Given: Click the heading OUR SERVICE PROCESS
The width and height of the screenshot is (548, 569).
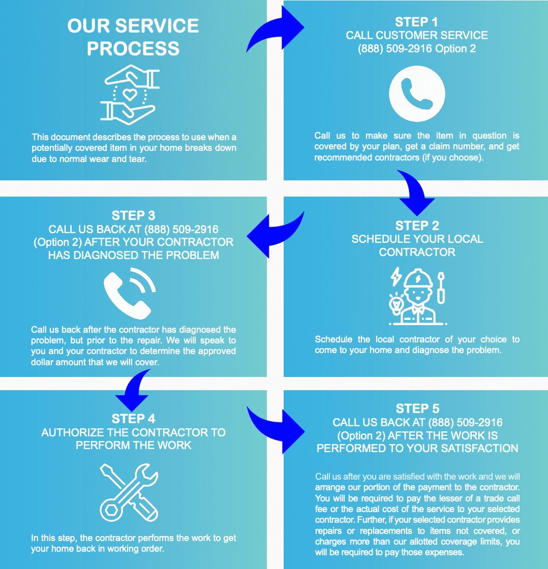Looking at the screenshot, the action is (133, 37).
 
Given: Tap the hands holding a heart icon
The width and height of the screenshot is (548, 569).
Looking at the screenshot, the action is (130, 95).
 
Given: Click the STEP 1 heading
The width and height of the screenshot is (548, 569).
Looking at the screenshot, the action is (416, 22).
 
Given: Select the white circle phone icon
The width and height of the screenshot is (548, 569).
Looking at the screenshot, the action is (417, 93).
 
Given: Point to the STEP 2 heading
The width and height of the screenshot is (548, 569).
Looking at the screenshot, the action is (417, 226).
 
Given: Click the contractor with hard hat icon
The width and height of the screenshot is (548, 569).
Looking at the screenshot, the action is (418, 296).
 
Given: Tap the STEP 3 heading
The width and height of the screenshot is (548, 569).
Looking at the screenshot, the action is (133, 215).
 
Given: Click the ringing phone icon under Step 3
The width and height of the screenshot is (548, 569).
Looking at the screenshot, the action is (130, 293).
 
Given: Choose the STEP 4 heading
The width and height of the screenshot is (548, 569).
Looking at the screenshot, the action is (133, 419).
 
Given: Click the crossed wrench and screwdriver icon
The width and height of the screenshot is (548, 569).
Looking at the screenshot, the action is (129, 492).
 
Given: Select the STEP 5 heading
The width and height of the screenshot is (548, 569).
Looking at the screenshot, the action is (417, 408).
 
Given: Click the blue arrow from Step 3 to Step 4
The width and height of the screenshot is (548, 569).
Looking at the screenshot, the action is (134, 390).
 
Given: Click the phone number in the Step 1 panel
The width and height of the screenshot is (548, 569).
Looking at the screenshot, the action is (395, 49).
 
